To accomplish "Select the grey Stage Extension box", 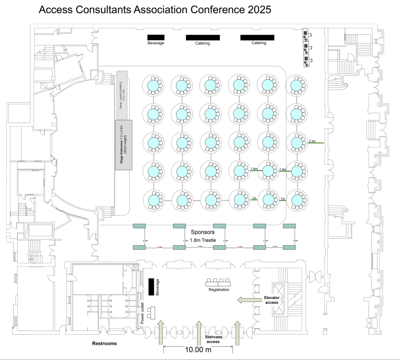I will click(124, 145).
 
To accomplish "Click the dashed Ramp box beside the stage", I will click(123, 95).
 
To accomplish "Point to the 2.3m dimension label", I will click(312, 141).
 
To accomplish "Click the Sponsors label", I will click(202, 232).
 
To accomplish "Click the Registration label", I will click(219, 290).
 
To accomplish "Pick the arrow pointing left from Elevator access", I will click(250, 300).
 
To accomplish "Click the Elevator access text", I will click(271, 300).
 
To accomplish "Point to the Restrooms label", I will click(104, 344).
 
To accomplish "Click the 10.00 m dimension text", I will click(198, 350).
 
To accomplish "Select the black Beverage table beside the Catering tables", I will click(155, 38).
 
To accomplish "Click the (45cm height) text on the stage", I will click(127, 145).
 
